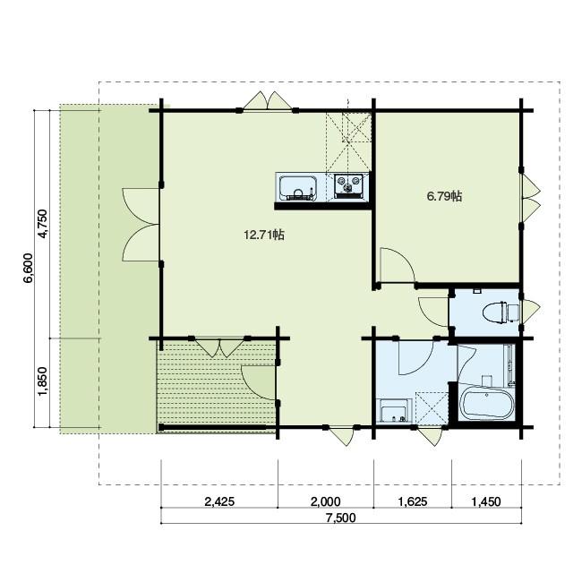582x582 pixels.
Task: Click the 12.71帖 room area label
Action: [x=264, y=235]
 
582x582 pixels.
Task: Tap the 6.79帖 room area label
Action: [x=444, y=196]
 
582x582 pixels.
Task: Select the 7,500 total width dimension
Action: [x=341, y=518]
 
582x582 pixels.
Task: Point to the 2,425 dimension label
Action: [x=219, y=501]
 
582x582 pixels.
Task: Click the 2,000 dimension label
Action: [x=326, y=501]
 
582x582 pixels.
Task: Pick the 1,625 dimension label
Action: [x=413, y=501]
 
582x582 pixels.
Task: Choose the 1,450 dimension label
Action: [x=486, y=501]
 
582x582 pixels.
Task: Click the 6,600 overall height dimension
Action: [x=29, y=268]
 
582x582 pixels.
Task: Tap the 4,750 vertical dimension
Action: [x=43, y=224]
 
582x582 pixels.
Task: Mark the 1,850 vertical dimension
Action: [x=43, y=381]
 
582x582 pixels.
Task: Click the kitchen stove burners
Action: [x=347, y=184]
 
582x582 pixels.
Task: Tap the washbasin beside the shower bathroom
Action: [x=394, y=410]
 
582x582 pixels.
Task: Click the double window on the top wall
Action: [x=267, y=100]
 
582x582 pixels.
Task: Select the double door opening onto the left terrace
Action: [x=141, y=224]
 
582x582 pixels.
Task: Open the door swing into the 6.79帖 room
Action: [x=398, y=266]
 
